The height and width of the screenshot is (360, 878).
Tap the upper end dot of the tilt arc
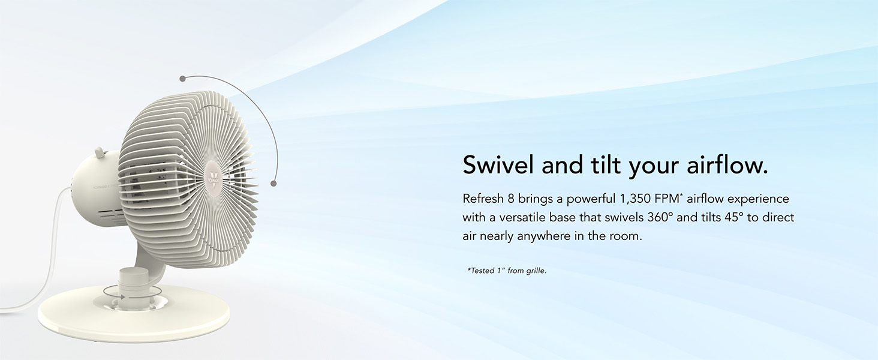(x=182, y=78)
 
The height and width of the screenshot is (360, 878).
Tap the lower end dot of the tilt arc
(x=273, y=183)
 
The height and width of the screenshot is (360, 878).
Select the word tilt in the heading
(x=602, y=166)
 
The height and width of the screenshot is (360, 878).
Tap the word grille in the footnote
(x=535, y=271)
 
